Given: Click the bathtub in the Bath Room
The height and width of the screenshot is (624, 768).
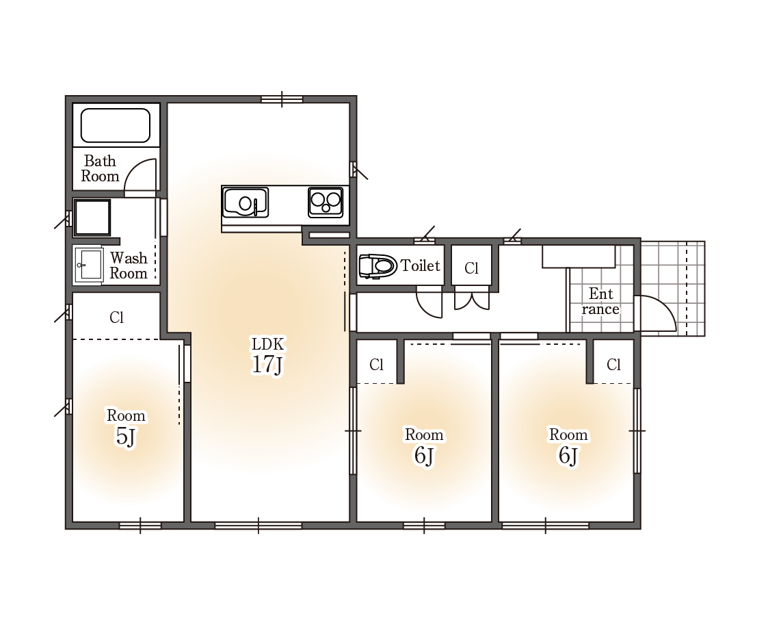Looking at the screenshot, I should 116,125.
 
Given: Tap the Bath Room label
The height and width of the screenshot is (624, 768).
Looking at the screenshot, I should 100,168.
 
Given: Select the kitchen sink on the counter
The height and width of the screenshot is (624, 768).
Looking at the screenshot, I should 245,203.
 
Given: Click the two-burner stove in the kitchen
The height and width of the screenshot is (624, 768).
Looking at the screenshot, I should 326,202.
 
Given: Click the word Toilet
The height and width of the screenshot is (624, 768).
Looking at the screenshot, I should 420,265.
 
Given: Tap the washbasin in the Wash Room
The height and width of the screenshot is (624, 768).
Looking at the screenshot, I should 88,265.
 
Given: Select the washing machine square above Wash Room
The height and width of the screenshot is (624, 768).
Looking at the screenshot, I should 92,218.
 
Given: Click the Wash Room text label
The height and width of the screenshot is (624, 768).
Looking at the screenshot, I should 129,265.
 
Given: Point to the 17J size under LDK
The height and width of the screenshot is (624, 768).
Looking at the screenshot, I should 267,365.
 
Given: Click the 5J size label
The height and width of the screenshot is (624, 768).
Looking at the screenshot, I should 125,436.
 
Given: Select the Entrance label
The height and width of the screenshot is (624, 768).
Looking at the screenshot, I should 600,302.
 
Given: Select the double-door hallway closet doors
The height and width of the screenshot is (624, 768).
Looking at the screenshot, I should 472,300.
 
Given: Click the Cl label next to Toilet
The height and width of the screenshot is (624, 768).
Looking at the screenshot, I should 471,268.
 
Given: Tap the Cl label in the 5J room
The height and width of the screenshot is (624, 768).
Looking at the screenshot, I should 116,317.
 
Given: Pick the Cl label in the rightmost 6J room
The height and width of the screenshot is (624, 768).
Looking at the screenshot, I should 613,365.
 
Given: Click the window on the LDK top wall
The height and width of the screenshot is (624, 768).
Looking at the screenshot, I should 282,99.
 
